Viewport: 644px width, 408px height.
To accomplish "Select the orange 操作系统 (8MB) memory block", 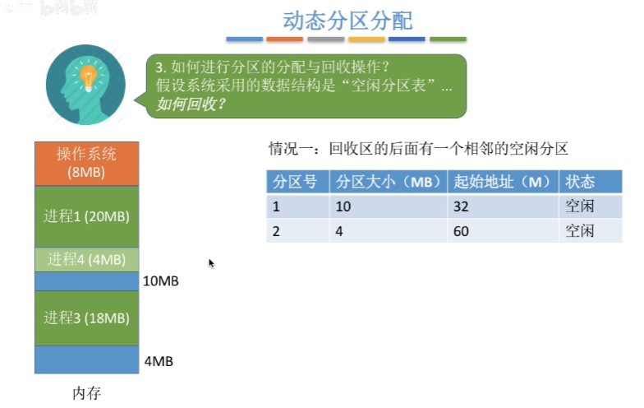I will point(86,163).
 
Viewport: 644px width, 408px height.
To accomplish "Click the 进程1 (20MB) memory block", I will point(86,216).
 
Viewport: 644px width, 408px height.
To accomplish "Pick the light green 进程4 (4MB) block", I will point(86,260).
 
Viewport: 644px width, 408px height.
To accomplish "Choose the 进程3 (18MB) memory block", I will point(86,318).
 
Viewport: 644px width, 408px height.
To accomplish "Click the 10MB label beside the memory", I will point(160,281).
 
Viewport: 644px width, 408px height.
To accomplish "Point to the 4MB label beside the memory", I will point(158,361).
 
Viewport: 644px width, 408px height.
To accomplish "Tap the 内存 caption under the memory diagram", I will point(86,392).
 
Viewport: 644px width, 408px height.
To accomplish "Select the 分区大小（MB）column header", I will point(389,182).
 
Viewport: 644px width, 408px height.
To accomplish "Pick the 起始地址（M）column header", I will point(502,182).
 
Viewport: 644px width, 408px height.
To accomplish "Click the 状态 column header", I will point(580,182).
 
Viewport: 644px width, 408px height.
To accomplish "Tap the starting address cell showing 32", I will point(461,206).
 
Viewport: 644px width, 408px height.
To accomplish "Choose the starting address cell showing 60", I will point(461,231).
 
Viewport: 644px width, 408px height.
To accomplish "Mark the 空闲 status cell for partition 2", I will point(580,231).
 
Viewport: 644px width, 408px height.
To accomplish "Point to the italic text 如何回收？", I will point(191,104).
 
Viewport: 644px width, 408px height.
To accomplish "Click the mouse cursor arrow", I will point(211,263).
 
